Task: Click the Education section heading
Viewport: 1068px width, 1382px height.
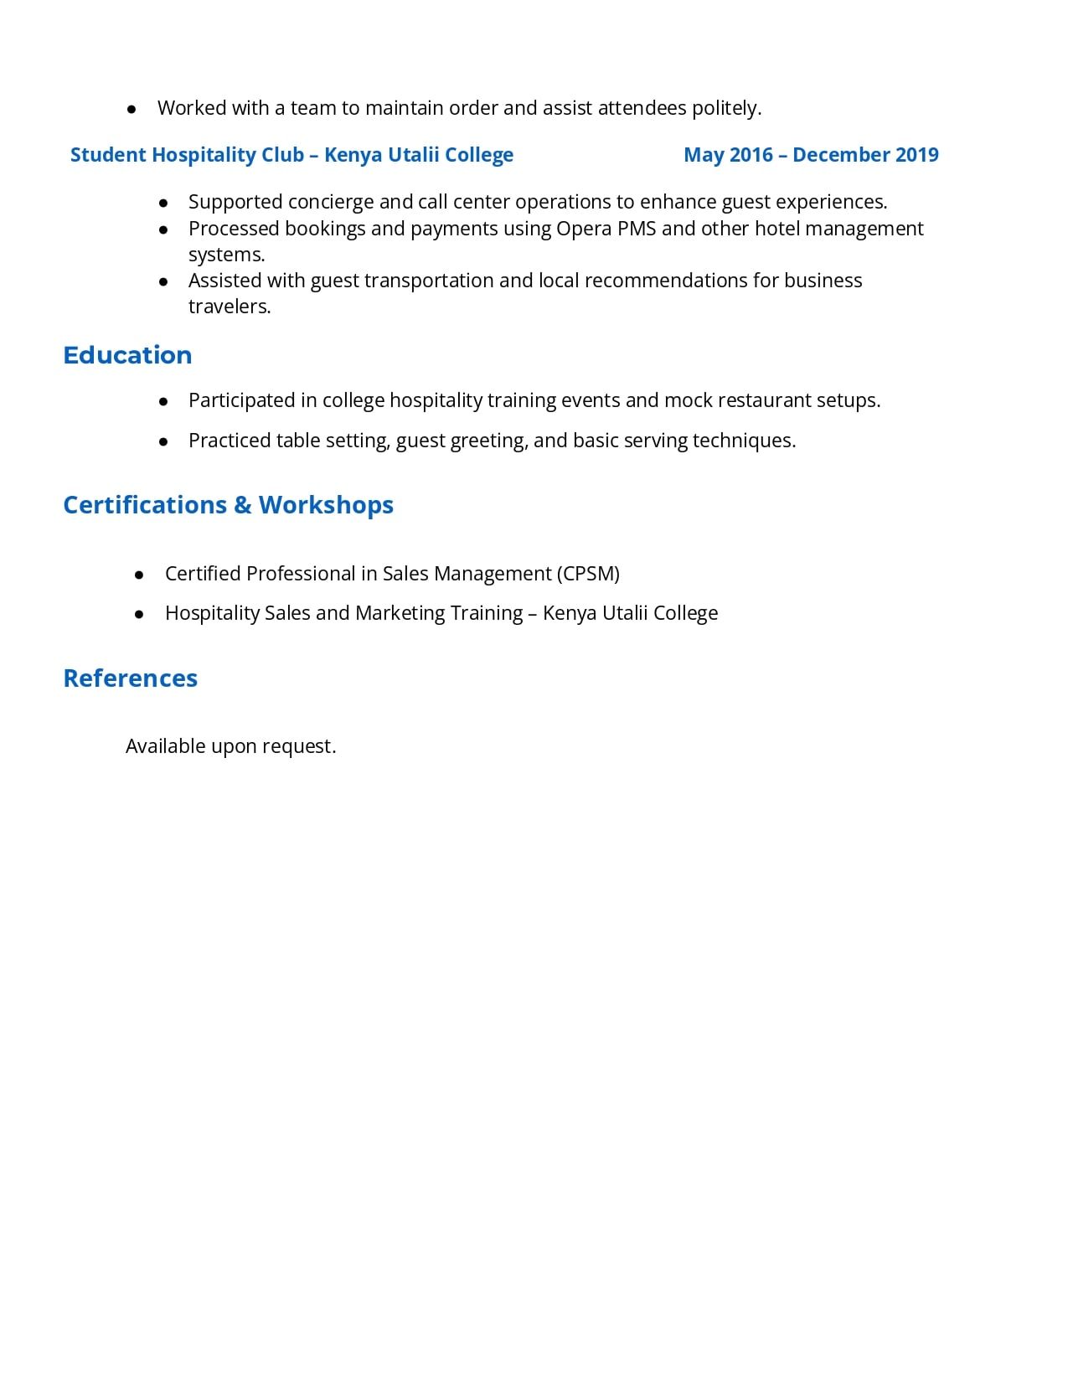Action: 127,355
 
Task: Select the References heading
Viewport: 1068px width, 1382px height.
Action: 130,678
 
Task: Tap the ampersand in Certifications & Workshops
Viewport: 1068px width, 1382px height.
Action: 242,505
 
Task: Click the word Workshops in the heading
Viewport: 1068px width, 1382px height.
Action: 326,505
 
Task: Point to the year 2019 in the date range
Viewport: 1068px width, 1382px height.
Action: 916,155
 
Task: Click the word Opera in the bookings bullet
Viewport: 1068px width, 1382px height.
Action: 583,229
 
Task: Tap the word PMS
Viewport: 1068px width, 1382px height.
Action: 637,229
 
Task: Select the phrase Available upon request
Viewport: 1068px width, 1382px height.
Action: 230,746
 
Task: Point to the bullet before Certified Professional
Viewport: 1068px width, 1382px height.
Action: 139,575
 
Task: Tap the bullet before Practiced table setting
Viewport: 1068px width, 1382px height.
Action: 163,441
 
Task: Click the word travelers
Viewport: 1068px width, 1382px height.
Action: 229,307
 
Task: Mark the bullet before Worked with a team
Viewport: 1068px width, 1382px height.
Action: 132,109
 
